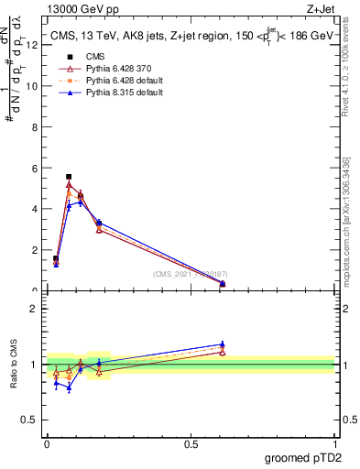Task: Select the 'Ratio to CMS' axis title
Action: (x=16, y=365)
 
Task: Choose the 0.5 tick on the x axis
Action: (x=191, y=444)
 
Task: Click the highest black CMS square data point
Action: (x=69, y=177)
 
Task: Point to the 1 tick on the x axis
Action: (x=334, y=444)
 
